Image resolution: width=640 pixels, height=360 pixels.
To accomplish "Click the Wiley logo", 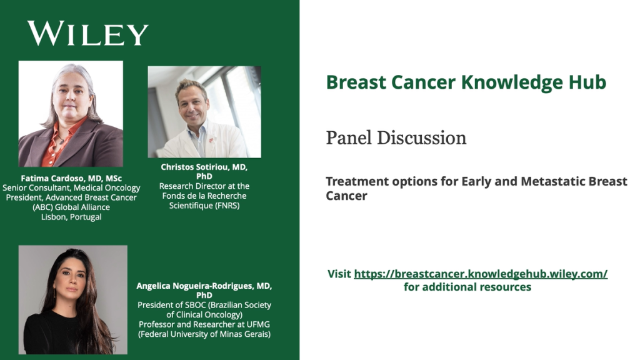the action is point(87,34).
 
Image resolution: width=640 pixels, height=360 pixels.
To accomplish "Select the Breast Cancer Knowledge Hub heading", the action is point(466,82).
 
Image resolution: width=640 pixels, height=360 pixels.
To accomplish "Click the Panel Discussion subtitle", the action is point(396,137).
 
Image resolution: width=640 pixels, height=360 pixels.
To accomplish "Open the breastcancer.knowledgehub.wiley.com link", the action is point(481,274).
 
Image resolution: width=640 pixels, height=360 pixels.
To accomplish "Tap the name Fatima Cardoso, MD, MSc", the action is point(71,178).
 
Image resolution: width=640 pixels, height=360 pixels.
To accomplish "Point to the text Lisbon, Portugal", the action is point(71,217).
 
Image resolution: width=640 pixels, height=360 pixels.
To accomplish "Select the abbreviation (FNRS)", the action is point(227,205).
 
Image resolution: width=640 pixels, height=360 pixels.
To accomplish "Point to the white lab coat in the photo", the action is point(204,144).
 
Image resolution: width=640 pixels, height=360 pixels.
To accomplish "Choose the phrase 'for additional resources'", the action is point(467,287).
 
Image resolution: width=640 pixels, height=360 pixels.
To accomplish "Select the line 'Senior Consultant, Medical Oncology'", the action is point(71,187).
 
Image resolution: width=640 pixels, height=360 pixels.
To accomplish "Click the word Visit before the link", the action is point(339,274).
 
